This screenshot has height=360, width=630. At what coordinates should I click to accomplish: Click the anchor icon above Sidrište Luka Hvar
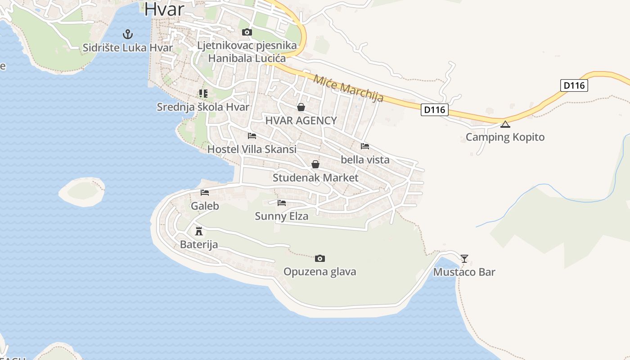(x=128, y=34)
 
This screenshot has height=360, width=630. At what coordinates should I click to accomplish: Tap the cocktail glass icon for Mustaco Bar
(x=464, y=258)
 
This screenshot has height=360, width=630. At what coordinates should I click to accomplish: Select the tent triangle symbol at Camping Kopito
(x=505, y=124)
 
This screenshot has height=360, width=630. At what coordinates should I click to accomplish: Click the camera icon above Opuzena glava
(x=319, y=258)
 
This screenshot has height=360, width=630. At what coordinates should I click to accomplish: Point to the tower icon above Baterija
(x=198, y=231)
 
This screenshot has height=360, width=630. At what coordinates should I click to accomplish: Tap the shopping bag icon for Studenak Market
(x=315, y=164)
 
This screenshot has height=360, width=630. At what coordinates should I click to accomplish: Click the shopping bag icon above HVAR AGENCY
(x=301, y=107)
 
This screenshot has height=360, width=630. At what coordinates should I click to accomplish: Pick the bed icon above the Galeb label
(x=205, y=193)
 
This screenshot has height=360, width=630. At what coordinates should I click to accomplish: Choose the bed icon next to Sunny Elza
(x=282, y=203)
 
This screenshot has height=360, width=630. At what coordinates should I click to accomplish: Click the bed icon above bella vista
(x=365, y=146)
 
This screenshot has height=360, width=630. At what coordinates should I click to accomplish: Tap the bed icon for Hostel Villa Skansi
(x=252, y=135)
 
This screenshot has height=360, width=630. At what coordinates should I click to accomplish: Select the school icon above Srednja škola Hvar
(x=203, y=94)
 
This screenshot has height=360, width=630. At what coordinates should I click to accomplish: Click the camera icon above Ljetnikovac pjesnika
(x=247, y=32)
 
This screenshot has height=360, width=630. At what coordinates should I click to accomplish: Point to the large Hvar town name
(x=165, y=9)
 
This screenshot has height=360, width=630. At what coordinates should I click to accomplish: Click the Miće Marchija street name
(x=348, y=88)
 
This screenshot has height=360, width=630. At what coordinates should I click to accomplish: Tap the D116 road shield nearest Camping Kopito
(x=435, y=109)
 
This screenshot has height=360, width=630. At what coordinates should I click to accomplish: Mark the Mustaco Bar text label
(x=464, y=272)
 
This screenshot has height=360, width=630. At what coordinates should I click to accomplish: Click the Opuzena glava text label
(x=319, y=272)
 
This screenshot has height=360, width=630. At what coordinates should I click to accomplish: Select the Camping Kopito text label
(x=505, y=137)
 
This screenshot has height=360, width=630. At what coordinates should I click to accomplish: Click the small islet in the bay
(x=82, y=191)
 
